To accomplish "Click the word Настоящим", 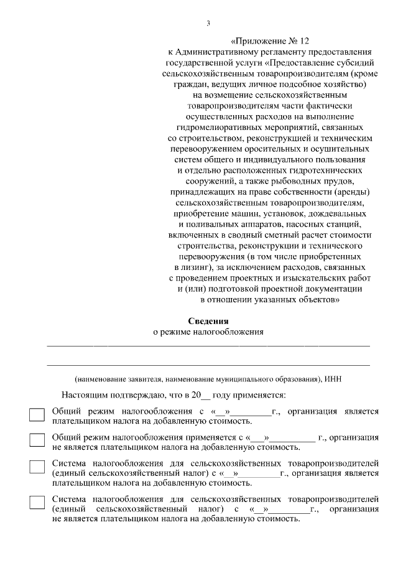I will pos(83,395).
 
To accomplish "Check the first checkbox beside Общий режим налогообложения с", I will pos(37,416).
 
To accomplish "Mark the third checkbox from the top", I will pos(37,468).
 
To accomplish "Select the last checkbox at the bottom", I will pos(37,503).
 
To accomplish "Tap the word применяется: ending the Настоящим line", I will pos(259,395).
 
